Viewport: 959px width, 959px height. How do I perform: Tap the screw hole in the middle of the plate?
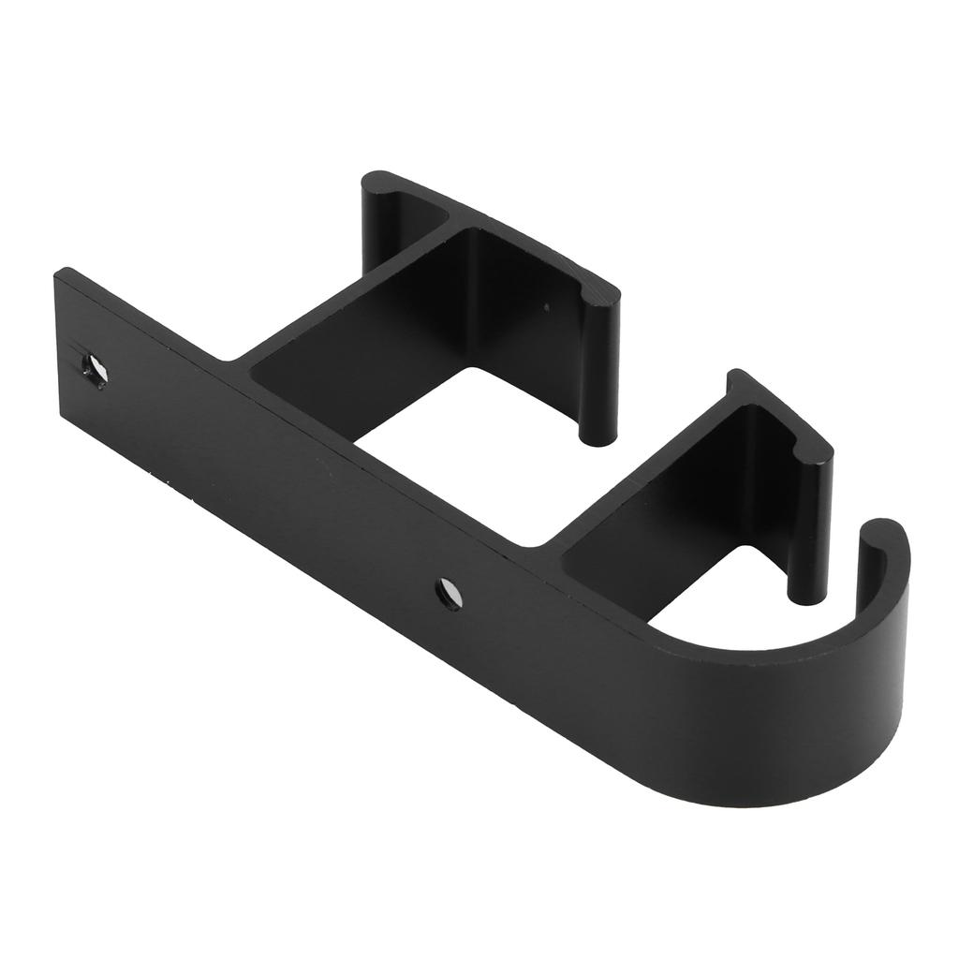pos(450,594)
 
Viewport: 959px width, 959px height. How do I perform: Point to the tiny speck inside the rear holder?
pos(547,304)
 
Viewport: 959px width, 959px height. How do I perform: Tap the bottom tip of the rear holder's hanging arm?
pos(598,435)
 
